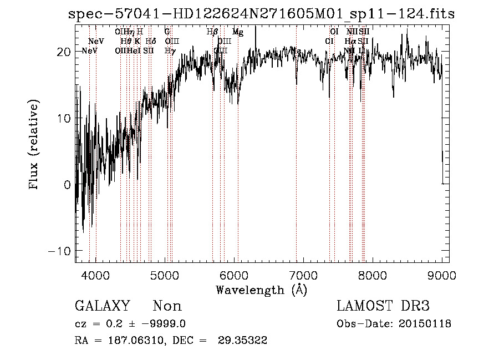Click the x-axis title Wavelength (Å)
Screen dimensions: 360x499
coord(261,290)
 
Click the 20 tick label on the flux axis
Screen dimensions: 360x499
coord(64,52)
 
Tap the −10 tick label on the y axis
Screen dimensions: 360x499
coord(60,251)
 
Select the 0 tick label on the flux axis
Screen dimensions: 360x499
coord(68,185)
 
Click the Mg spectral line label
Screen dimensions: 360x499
coord(238,32)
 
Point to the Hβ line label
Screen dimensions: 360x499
coord(212,32)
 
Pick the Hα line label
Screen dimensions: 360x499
coord(350,41)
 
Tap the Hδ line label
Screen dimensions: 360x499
coord(151,41)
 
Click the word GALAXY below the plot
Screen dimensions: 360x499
coord(103,306)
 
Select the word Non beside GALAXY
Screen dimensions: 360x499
coord(167,306)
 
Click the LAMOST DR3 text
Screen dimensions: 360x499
coord(383,306)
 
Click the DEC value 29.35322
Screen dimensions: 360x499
coord(246,341)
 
